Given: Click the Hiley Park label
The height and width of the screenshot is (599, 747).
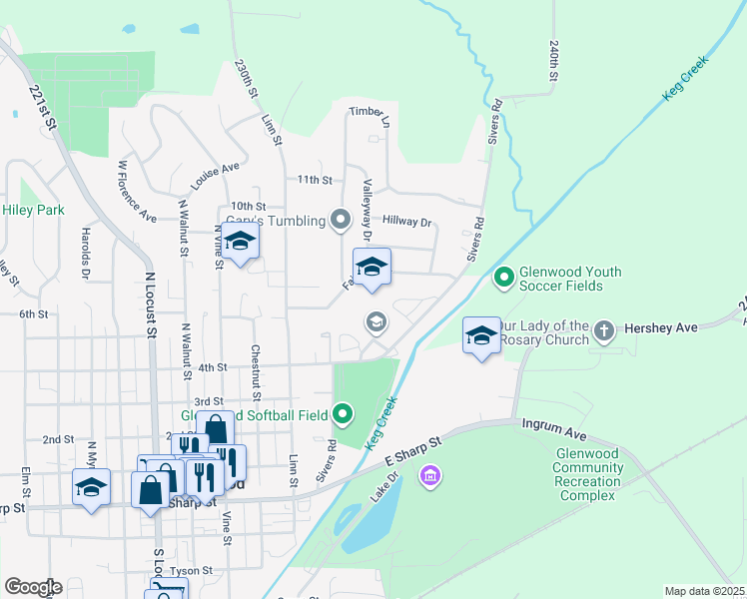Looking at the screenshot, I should click(x=34, y=210).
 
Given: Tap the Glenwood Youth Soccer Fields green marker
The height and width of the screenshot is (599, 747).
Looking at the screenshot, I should click(x=504, y=277).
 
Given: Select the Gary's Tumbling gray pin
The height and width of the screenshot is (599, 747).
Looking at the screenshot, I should click(x=342, y=220).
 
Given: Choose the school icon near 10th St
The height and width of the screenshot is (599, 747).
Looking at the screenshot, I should click(x=240, y=241).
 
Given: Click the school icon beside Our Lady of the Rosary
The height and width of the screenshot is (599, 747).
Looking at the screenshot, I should click(x=481, y=334).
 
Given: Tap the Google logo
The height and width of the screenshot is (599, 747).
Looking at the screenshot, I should click(x=33, y=587).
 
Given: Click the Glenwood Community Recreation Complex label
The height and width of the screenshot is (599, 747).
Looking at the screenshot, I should click(x=590, y=474).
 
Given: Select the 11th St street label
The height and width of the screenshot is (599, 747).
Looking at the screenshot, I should click(x=314, y=180).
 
